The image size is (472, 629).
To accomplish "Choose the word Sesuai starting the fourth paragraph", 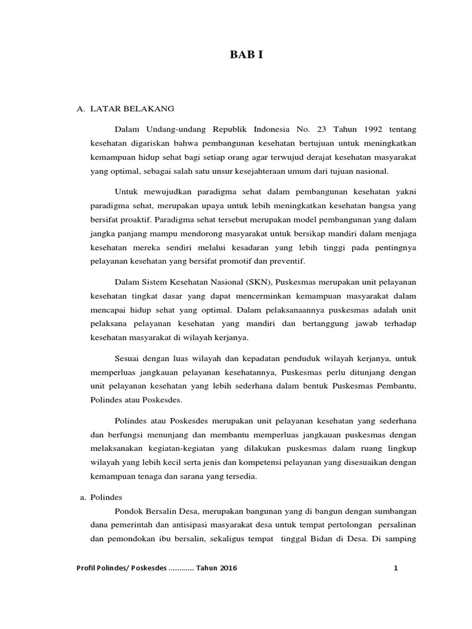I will pyautogui.click(x=128, y=357).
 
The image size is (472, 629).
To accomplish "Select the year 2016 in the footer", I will pyautogui.click(x=227, y=568).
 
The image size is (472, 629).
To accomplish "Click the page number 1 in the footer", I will pyautogui.click(x=396, y=568).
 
